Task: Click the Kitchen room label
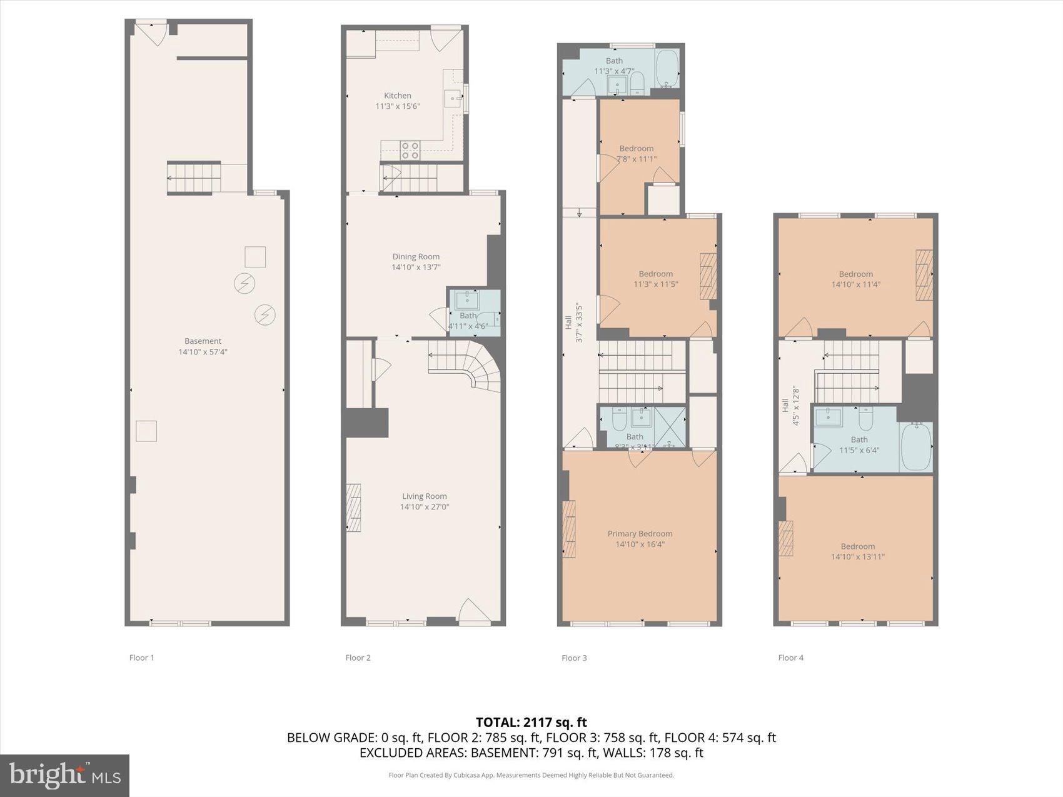coord(398,96)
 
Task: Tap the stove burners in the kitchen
coord(410,150)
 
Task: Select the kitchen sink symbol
coord(452,99)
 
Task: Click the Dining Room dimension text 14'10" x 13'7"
coord(416,267)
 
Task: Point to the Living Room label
coord(425,496)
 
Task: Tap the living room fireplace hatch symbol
coord(354,507)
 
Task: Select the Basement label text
coord(203,341)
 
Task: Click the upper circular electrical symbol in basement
coord(244,283)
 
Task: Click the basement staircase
coord(194,178)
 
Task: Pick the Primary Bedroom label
coord(640,533)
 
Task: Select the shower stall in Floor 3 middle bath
coord(669,426)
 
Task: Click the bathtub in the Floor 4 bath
coord(916,446)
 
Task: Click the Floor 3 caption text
coord(574,658)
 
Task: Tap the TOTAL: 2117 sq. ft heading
coord(531,722)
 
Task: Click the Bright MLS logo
coord(65,775)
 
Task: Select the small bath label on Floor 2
coord(468,316)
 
